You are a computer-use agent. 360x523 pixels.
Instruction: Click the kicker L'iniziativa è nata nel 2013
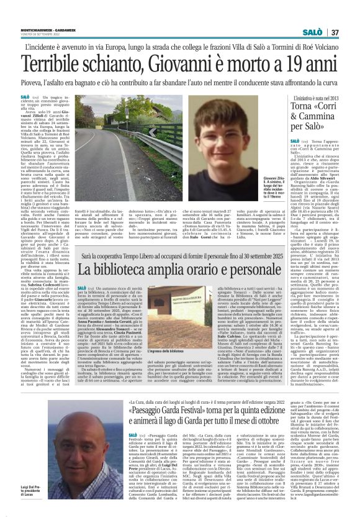[304, 98]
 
